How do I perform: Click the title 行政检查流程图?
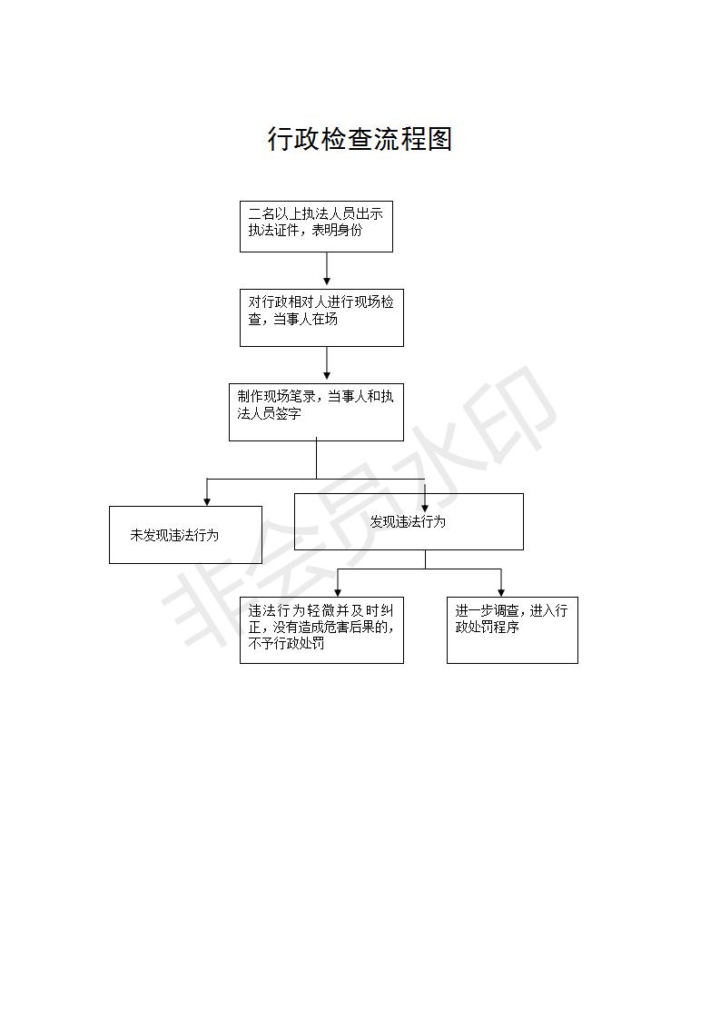(360, 139)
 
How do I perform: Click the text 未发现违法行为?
(174, 536)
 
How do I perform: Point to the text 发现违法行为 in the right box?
(408, 522)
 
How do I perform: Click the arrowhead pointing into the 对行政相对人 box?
(327, 284)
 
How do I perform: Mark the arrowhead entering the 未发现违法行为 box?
(207, 501)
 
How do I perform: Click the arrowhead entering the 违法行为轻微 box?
(338, 591)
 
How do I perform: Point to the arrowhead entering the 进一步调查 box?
(501, 591)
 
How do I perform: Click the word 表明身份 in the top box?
(337, 230)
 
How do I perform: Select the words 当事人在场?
(305, 319)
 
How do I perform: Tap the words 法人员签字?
(269, 413)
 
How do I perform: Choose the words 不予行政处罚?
(287, 643)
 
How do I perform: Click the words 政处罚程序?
(488, 628)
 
